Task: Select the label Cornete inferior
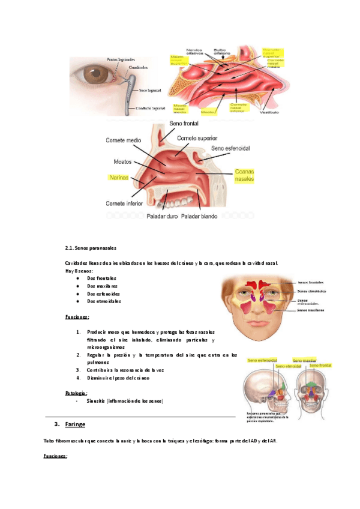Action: tap(124, 202)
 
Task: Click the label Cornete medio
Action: tap(124, 140)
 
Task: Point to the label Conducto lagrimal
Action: tap(150, 108)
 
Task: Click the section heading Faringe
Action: tap(76, 424)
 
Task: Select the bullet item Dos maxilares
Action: tap(103, 286)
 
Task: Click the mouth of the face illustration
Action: tap(257, 324)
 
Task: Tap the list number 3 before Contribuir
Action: tap(79, 370)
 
